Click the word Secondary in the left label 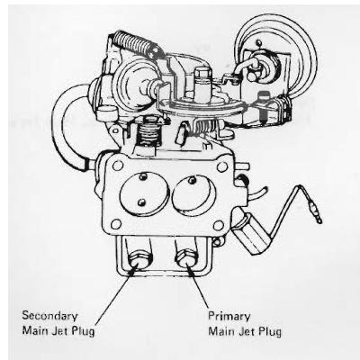point(50,316)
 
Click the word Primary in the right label point(229,317)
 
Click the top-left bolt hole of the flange point(117,165)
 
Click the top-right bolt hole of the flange point(222,166)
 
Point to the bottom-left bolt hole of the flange point(116,224)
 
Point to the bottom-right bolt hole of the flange point(219,225)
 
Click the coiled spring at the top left point(136,45)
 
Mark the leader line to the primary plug point(197,285)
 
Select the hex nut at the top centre point(202,74)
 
